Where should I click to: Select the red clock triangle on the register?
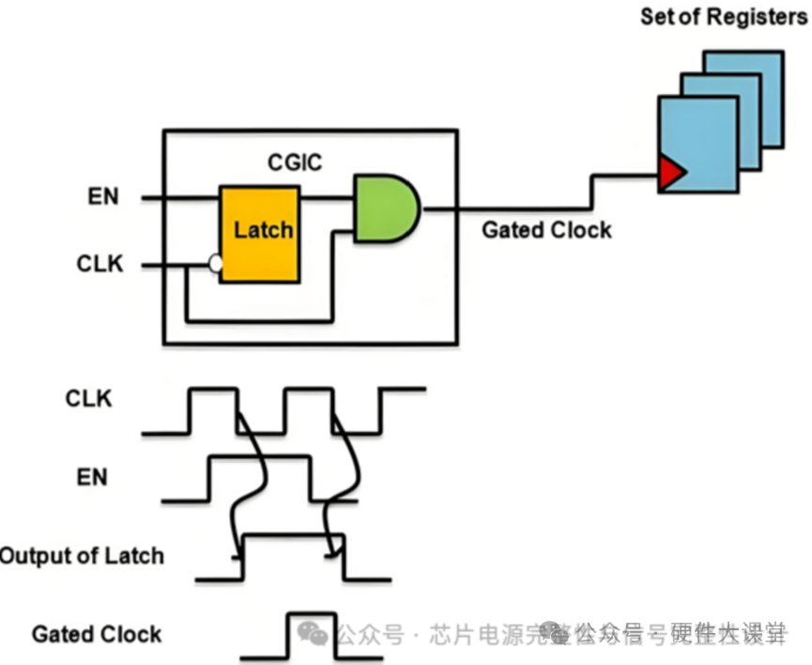tap(670, 172)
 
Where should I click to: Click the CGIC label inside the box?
tap(295, 162)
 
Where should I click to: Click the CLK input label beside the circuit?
tap(100, 263)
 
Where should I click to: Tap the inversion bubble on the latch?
tap(216, 265)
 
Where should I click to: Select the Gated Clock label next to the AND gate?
tap(546, 230)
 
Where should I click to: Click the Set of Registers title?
tap(723, 17)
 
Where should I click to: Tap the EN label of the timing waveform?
tap(92, 477)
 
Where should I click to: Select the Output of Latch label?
tap(81, 555)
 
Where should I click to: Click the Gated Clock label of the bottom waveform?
tap(97, 634)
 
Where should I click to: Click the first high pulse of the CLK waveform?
tap(213, 410)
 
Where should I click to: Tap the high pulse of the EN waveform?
tap(259, 477)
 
